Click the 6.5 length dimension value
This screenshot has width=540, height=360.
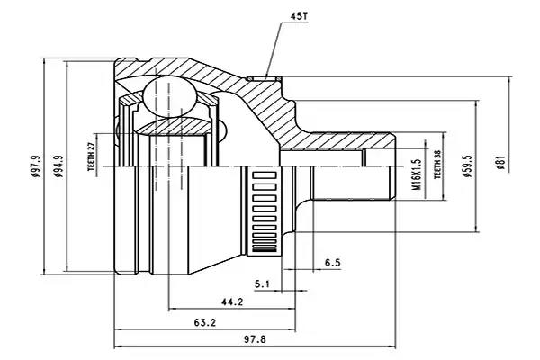[x=332, y=263]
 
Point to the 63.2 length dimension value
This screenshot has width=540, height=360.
[x=205, y=322]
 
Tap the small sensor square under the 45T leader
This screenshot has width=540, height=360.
[x=265, y=76]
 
